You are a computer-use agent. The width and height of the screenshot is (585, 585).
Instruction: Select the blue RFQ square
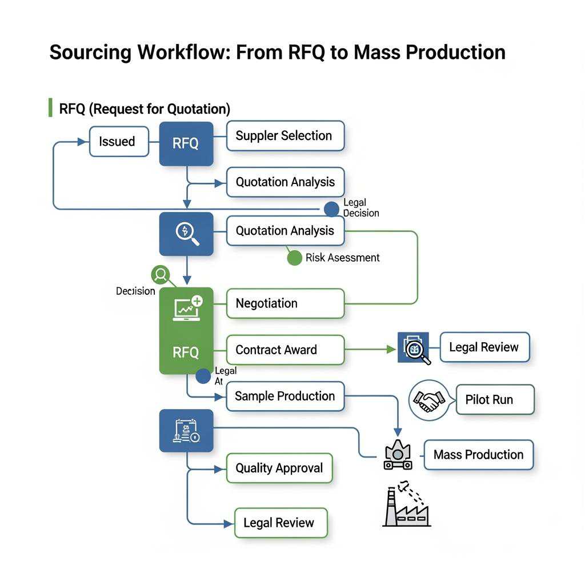click(x=186, y=143)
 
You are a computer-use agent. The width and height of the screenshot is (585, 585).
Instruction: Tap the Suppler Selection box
click(x=285, y=136)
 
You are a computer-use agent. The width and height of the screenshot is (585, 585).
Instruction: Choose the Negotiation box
click(x=285, y=303)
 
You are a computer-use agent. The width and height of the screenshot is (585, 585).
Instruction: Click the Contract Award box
click(x=285, y=350)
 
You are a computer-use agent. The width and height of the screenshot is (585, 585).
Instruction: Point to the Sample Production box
click(x=285, y=396)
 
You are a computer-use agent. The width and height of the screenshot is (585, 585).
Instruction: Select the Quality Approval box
click(x=279, y=468)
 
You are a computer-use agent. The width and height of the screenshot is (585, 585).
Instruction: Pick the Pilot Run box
click(x=495, y=399)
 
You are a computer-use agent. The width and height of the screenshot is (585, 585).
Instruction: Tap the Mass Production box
click(x=478, y=455)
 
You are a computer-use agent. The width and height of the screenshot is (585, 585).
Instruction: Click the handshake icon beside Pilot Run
click(x=428, y=400)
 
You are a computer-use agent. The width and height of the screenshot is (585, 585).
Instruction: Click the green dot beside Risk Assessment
click(x=294, y=258)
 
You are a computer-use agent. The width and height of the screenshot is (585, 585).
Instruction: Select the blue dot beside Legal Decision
click(x=331, y=209)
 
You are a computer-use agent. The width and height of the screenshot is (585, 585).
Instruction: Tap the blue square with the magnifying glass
click(x=186, y=234)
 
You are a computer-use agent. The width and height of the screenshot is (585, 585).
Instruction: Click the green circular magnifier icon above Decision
click(x=161, y=275)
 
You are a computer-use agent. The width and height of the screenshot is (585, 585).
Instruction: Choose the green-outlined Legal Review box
click(x=281, y=523)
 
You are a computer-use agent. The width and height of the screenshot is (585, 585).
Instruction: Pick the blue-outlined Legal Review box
click(x=484, y=347)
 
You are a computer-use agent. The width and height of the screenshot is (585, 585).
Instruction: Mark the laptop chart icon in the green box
click(x=187, y=308)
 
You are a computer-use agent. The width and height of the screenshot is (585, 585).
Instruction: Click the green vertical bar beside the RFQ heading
click(x=50, y=107)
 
